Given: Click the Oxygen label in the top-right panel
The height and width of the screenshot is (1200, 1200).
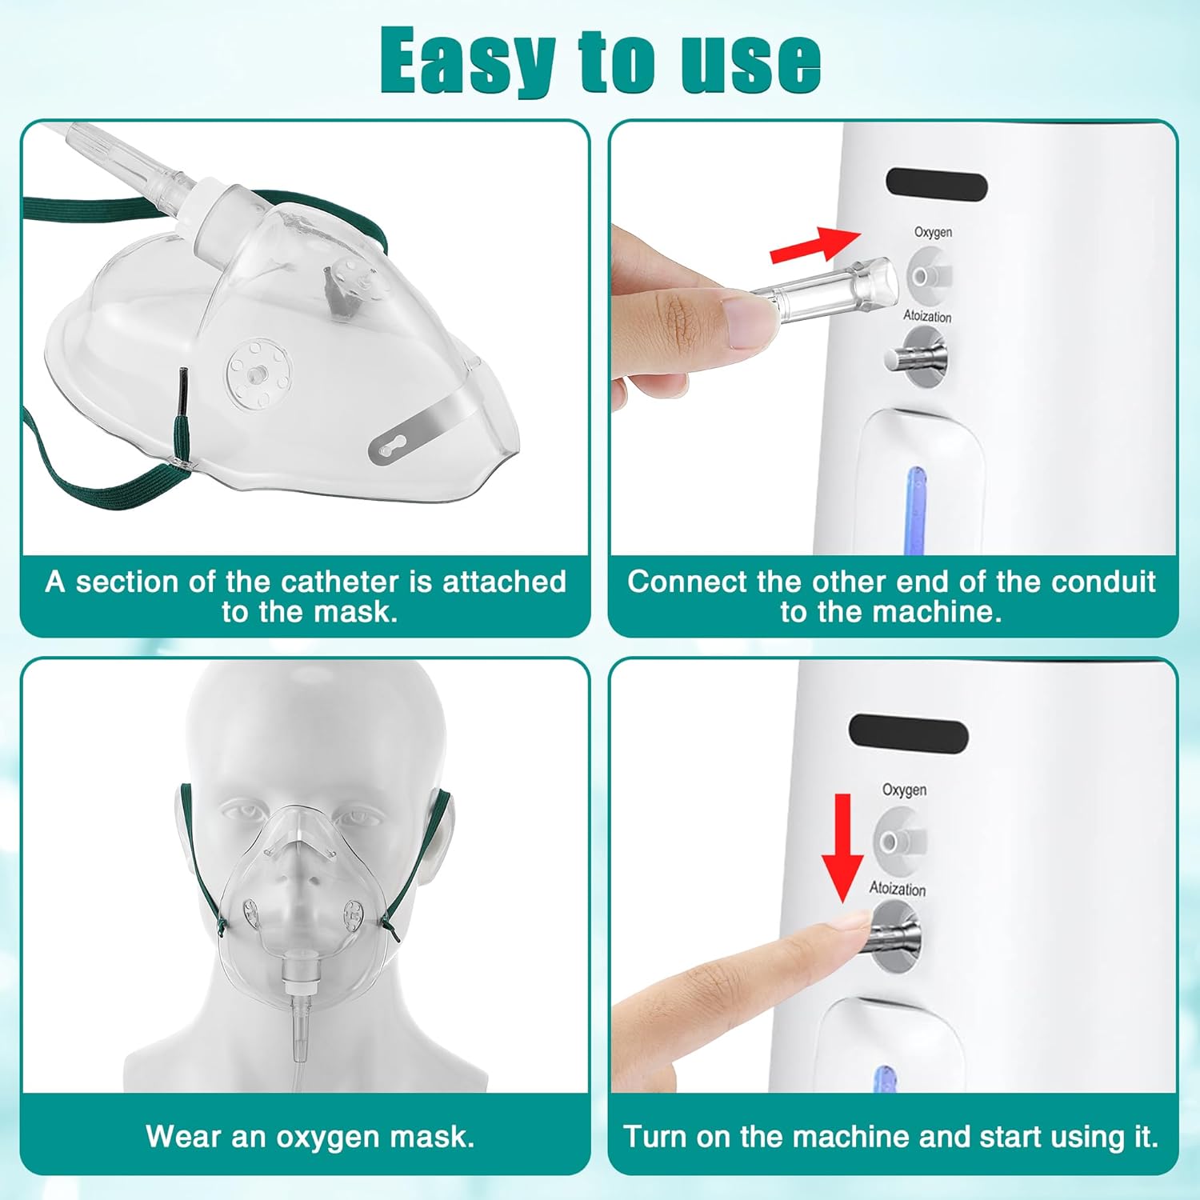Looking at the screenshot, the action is pos(934,232).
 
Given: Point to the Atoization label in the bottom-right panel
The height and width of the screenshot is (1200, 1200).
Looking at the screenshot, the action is pos(898,888).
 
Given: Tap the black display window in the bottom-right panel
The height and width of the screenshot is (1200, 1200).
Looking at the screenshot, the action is pos(909,733).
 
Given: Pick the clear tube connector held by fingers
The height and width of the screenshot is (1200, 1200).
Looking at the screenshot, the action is pos(824,291).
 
